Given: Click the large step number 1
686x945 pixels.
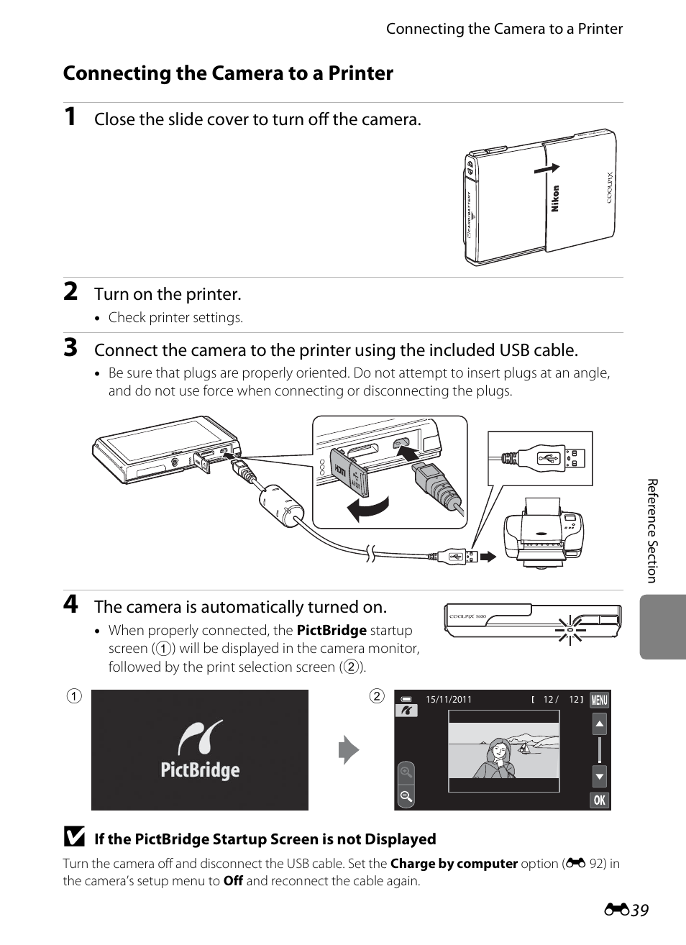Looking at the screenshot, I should [70, 117].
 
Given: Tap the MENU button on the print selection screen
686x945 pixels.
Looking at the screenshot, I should [599, 700].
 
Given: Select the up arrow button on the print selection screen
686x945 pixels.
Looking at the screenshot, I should [599, 723].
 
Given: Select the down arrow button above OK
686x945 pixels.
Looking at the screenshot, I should [599, 776].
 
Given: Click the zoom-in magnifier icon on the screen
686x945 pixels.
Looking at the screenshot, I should [406, 773].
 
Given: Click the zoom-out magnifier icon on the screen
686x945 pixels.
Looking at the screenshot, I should [406, 796].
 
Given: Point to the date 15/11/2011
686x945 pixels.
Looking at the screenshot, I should [449, 699].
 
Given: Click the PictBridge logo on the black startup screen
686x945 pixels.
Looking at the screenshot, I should [200, 750].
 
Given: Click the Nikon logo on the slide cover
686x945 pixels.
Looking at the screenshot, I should [555, 198].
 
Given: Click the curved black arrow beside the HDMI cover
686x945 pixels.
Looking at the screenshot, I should [368, 508].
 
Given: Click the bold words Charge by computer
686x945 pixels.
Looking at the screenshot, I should [454, 863].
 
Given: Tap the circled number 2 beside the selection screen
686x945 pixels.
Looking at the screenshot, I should [377, 695].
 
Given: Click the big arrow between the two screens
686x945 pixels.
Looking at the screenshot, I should [349, 750].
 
